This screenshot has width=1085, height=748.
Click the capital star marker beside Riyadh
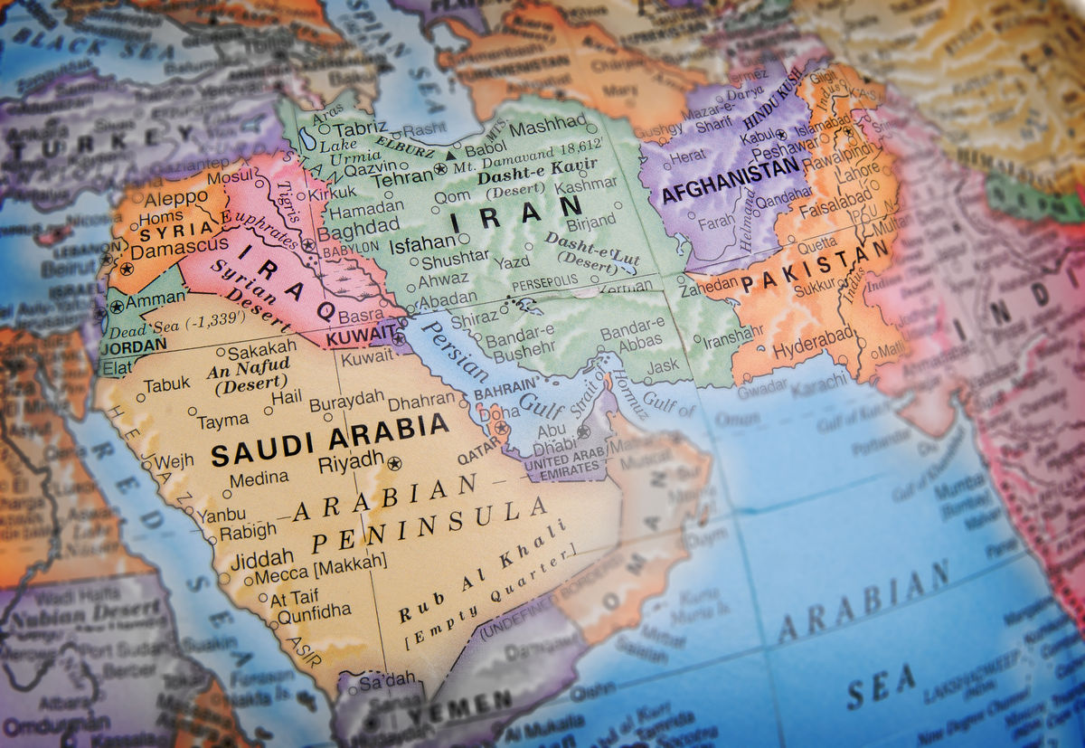tap(393, 464)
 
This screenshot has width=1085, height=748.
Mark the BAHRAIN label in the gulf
tap(499, 394)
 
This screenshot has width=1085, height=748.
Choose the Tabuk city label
tap(167, 384)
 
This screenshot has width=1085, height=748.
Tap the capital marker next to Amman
tap(117, 308)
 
